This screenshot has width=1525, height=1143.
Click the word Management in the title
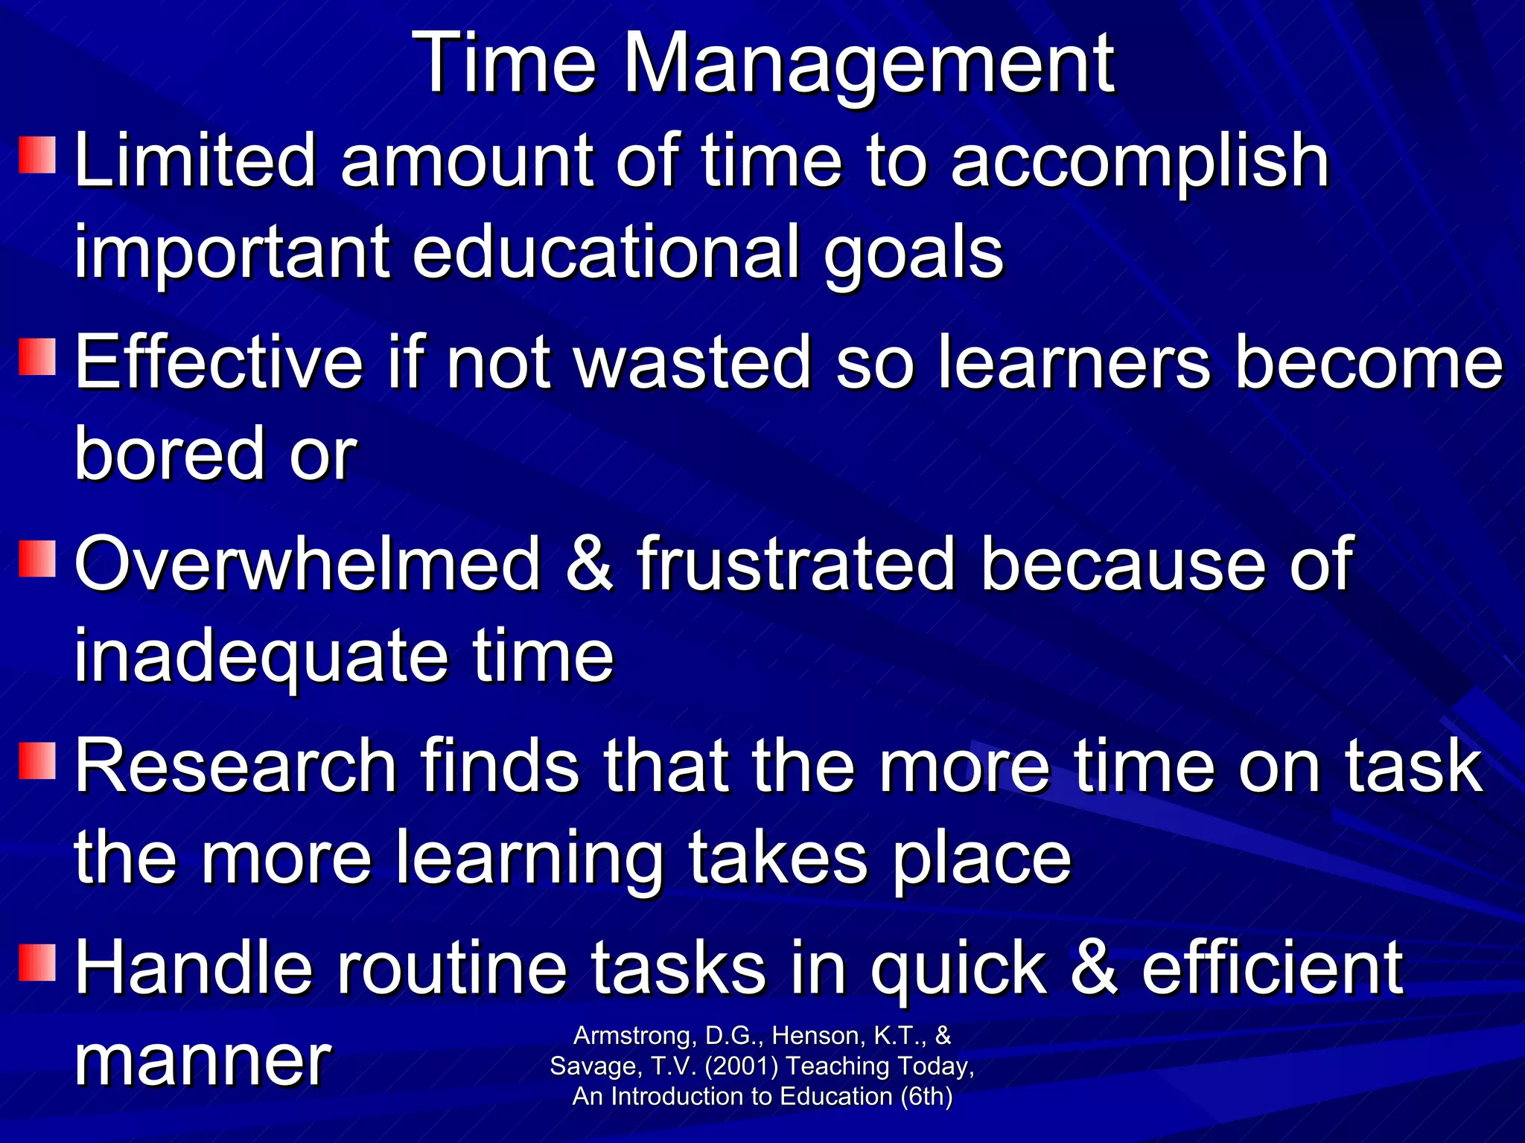click(x=867, y=65)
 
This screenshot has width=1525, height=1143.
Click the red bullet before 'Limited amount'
click(x=38, y=155)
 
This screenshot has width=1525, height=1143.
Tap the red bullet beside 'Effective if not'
click(x=38, y=357)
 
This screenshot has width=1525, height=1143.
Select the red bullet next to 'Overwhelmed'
click(x=38, y=559)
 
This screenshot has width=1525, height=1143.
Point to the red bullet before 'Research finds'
click(x=38, y=760)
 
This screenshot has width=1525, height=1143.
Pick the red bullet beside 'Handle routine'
click(x=38, y=962)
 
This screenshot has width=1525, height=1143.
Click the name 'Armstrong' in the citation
click(x=633, y=1036)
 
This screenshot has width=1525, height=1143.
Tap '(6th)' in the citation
click(x=926, y=1097)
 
